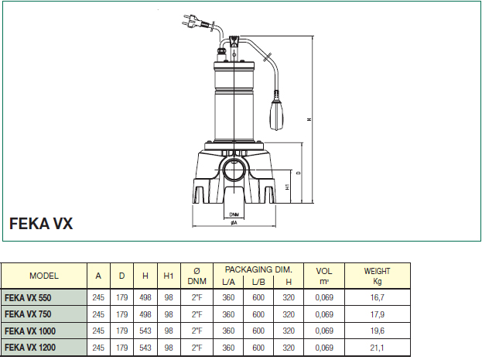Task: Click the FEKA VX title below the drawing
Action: [x=41, y=224]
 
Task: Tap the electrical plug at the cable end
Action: [x=192, y=21]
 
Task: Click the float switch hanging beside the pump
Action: [x=277, y=111]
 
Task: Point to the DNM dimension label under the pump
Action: [x=234, y=214]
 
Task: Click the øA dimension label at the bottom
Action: [x=234, y=222]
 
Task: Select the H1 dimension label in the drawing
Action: [x=287, y=187]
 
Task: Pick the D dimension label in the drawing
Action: [x=299, y=173]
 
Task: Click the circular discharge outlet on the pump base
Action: [x=234, y=170]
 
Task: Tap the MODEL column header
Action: [x=44, y=276]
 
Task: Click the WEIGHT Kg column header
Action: [x=378, y=276]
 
